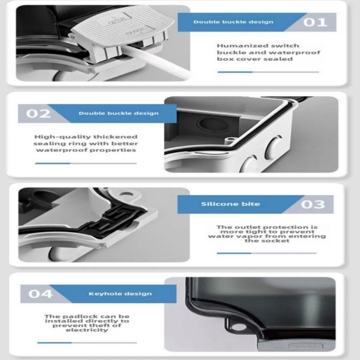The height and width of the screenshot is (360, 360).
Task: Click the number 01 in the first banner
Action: click(315, 22)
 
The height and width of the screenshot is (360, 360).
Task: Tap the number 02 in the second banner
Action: click(38, 114)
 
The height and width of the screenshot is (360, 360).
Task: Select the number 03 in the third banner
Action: click(313, 204)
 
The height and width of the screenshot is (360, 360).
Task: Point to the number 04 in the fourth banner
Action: click(40, 294)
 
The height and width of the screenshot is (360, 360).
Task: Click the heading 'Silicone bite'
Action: click(230, 204)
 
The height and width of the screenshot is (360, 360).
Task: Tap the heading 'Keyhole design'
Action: click(120, 294)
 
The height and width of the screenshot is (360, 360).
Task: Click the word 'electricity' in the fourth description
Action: click(87, 330)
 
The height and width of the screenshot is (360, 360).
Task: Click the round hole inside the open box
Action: click(210, 126)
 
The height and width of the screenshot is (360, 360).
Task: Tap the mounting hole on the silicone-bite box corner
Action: click(126, 194)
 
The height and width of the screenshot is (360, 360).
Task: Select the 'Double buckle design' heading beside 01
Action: click(233, 22)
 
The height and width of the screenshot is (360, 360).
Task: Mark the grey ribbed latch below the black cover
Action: click(296, 345)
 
